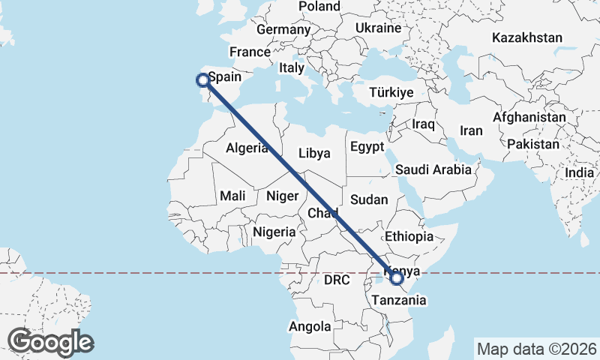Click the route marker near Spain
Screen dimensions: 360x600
pos(202,79)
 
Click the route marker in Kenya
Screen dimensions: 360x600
pos(397,278)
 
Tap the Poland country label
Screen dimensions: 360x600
pos(319,7)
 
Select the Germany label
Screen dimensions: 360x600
pos(283,30)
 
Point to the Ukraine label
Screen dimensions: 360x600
pos(378,28)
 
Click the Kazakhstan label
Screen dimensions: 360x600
pos(527,37)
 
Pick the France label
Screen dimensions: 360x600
pos(250,52)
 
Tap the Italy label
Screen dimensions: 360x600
pos(291,67)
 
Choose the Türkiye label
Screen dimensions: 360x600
pos(391,93)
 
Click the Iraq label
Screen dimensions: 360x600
pos(424,124)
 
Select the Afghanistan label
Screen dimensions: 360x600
pos(529,118)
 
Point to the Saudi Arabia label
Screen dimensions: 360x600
pos(433,169)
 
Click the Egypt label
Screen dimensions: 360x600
pos(367,146)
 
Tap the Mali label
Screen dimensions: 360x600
pos(232,196)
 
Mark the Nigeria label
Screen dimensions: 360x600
pos(274,232)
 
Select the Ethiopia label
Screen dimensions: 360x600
pos(409,236)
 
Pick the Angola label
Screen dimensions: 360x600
pos(310,327)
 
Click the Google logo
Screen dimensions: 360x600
pos(50,342)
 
